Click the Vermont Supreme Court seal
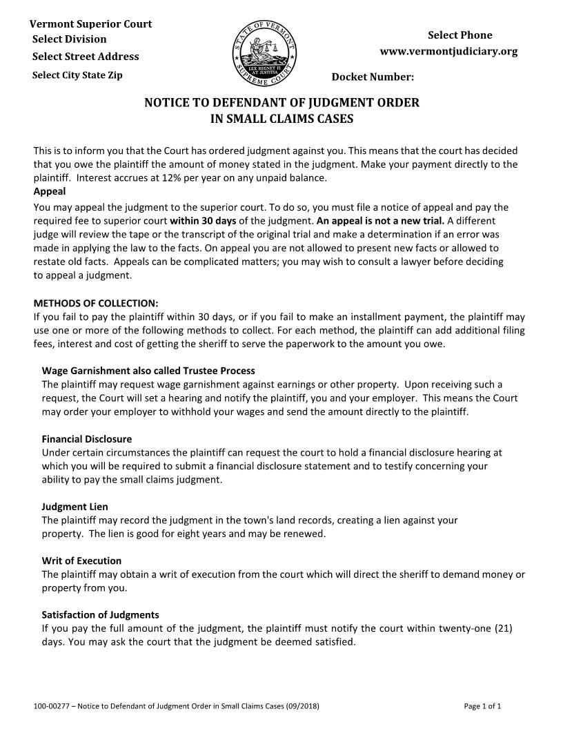point(265,55)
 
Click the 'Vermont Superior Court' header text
point(90,23)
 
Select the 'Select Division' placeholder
point(69,39)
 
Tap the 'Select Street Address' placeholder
point(86,56)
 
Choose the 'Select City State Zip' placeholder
point(77,75)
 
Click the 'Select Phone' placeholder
point(460,35)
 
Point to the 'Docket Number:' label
point(373,76)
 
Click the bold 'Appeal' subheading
point(50,191)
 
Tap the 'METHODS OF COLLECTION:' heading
point(96,303)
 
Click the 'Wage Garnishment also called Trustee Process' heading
point(148,371)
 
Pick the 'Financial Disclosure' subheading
point(86,439)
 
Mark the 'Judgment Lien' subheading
point(75,507)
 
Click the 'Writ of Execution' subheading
point(81,561)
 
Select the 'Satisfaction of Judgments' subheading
point(100,614)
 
